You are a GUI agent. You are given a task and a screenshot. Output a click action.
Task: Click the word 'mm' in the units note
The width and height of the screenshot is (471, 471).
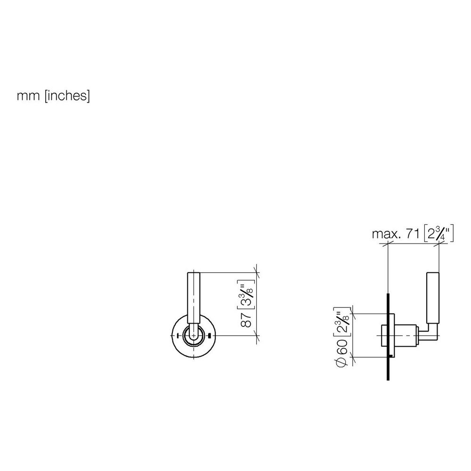[x=28, y=96]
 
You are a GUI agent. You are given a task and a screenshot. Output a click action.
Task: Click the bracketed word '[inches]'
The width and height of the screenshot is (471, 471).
[x=67, y=96]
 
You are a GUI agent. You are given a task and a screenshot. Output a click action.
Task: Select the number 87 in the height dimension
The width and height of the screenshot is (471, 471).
[x=247, y=319]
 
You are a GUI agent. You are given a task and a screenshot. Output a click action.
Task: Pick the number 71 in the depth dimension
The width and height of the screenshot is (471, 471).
[x=413, y=234]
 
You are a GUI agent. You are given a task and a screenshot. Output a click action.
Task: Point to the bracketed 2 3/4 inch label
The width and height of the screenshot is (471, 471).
[x=438, y=234]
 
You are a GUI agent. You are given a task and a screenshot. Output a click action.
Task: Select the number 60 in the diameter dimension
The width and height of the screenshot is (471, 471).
[x=341, y=347]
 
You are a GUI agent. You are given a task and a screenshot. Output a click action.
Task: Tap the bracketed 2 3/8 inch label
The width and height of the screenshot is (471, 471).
[x=342, y=322]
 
